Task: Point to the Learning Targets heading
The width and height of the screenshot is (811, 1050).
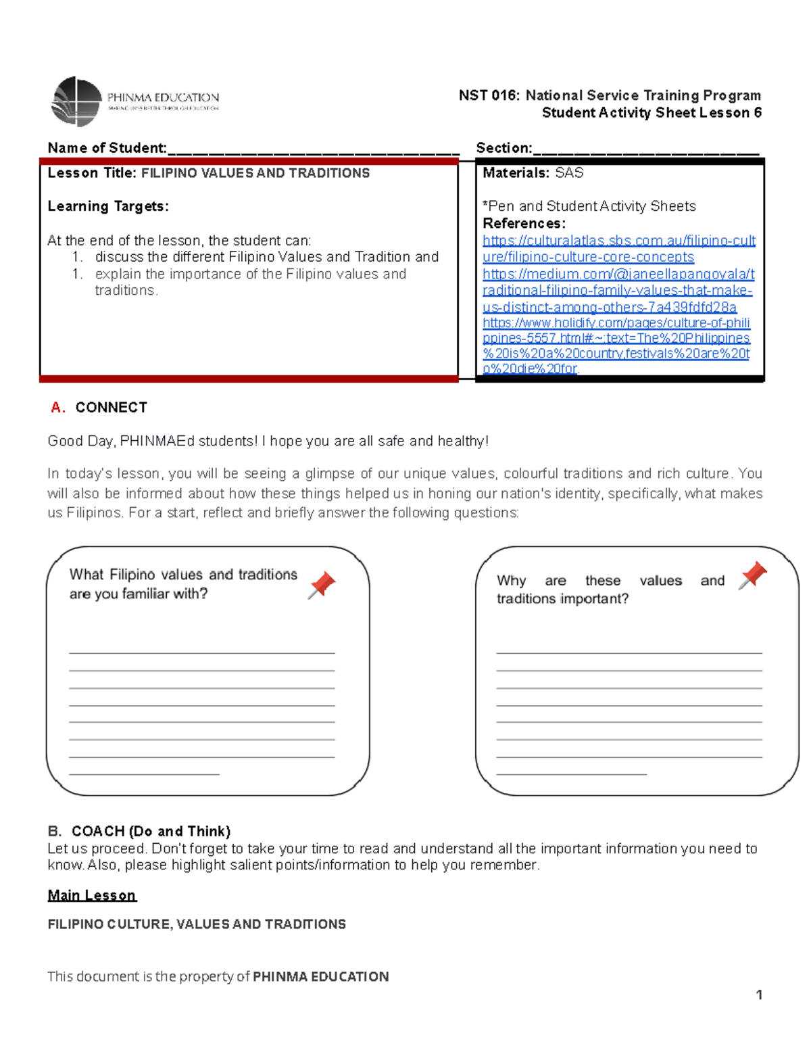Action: pyautogui.click(x=108, y=206)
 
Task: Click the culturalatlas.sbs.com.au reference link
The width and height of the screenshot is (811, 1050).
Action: pyautogui.click(x=618, y=249)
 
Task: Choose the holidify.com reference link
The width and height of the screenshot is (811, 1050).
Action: pyautogui.click(x=616, y=345)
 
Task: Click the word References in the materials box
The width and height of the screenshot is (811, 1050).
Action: pyautogui.click(x=524, y=224)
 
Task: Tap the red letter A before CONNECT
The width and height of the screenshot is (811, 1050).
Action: pyautogui.click(x=57, y=408)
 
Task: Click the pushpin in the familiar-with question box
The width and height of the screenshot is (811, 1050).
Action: pyautogui.click(x=322, y=584)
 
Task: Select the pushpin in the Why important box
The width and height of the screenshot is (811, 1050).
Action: pyautogui.click(x=753, y=575)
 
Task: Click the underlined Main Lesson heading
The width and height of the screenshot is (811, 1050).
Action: pyautogui.click(x=92, y=895)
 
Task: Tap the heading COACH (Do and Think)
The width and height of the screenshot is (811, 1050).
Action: pyautogui.click(x=151, y=831)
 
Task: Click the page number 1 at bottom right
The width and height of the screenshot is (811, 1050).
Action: pyautogui.click(x=759, y=995)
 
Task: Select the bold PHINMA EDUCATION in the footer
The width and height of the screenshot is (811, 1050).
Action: pyautogui.click(x=320, y=976)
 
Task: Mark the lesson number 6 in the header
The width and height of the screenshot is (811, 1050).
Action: pyautogui.click(x=758, y=113)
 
